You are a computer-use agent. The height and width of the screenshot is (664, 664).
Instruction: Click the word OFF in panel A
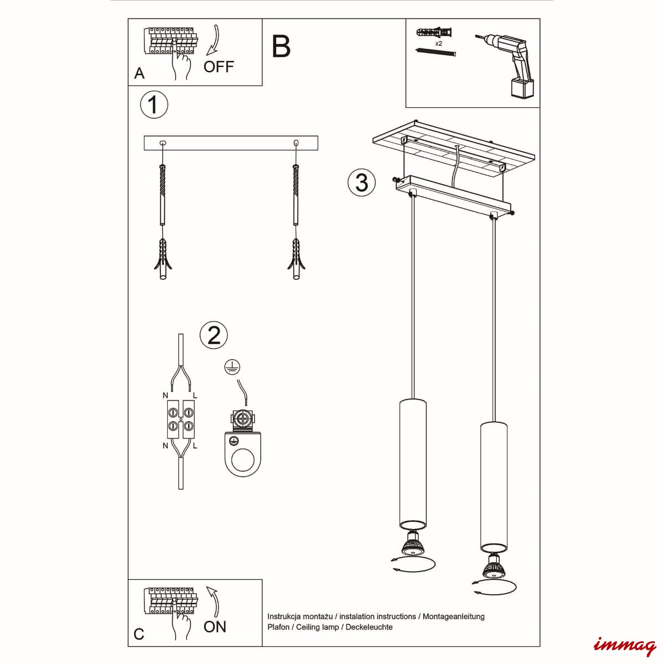tap(219, 66)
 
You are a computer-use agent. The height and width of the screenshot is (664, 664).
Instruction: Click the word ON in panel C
tap(215, 627)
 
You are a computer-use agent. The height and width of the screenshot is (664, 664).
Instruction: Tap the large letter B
tap(281, 46)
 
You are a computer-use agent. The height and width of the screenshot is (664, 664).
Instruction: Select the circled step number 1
tap(154, 105)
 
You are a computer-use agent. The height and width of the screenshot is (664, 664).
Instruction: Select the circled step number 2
tap(214, 335)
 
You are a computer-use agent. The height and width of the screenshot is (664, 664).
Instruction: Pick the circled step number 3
tap(361, 182)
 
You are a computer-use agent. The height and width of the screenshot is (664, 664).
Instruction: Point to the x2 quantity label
tap(438, 43)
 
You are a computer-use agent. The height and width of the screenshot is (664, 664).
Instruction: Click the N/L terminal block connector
tap(181, 419)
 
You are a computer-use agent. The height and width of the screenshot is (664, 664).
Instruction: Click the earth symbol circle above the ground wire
tap(232, 367)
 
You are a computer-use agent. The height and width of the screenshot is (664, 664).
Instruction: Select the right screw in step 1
tap(295, 195)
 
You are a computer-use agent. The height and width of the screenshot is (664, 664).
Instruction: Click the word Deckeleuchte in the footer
tap(369, 627)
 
